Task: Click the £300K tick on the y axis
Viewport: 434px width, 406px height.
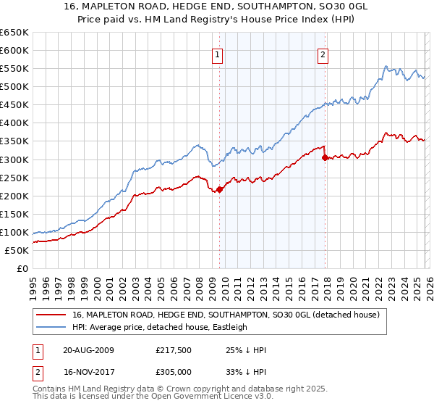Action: click(14, 159)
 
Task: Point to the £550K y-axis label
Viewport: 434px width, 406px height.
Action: click(14, 69)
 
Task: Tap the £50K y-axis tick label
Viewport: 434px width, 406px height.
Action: click(17, 250)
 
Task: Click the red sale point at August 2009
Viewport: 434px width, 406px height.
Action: click(219, 190)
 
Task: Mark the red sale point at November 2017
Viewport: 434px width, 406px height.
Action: click(325, 157)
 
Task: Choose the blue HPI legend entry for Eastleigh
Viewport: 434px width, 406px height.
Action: click(160, 327)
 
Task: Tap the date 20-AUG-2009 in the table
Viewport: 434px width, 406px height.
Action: click(88, 350)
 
